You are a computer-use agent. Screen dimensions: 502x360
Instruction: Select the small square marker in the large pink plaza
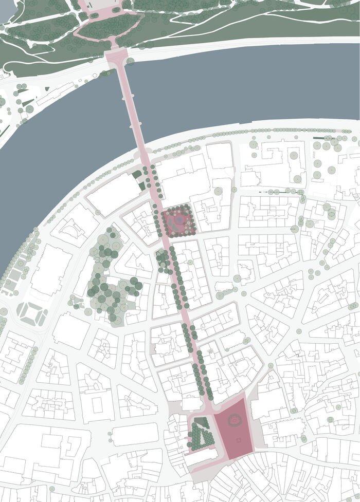coord(238,440)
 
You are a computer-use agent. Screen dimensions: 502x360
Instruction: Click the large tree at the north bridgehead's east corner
coord(131,62)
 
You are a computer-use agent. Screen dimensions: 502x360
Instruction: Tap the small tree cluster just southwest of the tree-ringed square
coord(163,260)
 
